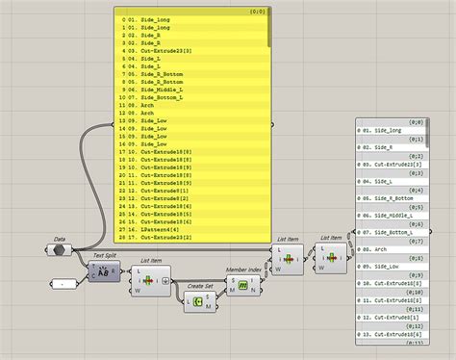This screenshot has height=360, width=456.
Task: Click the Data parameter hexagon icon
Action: (x=60, y=250)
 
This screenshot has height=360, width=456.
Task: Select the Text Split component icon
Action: (x=99, y=273)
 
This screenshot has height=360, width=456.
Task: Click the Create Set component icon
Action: (x=197, y=301)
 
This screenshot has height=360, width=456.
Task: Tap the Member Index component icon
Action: (x=243, y=286)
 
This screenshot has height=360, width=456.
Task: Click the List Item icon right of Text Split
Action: (x=151, y=283)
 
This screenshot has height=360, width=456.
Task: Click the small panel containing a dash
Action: (x=63, y=284)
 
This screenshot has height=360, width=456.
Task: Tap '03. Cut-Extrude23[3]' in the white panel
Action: (x=395, y=163)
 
